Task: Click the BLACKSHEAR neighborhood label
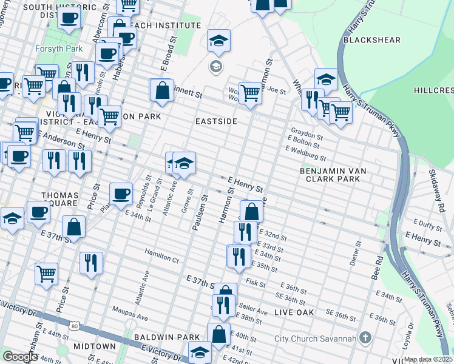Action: (371, 40)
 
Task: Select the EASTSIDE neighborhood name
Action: (215, 121)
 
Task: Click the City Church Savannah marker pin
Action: (365, 337)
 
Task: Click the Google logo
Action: (20, 357)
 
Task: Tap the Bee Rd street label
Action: (379, 268)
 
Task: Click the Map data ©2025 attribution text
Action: (429, 359)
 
